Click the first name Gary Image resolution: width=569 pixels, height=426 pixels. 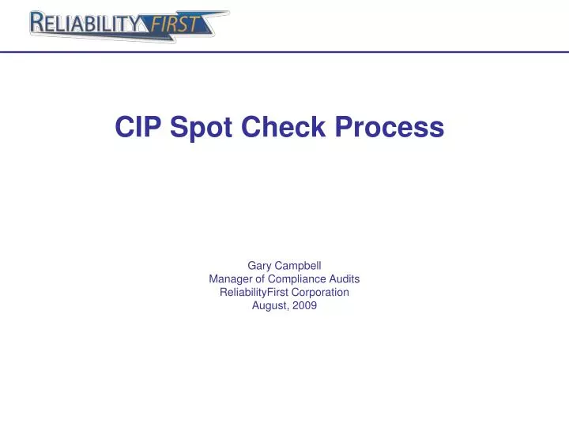coord(260,266)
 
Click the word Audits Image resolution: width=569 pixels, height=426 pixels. coord(344,279)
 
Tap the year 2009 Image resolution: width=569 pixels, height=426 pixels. coord(304,306)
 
